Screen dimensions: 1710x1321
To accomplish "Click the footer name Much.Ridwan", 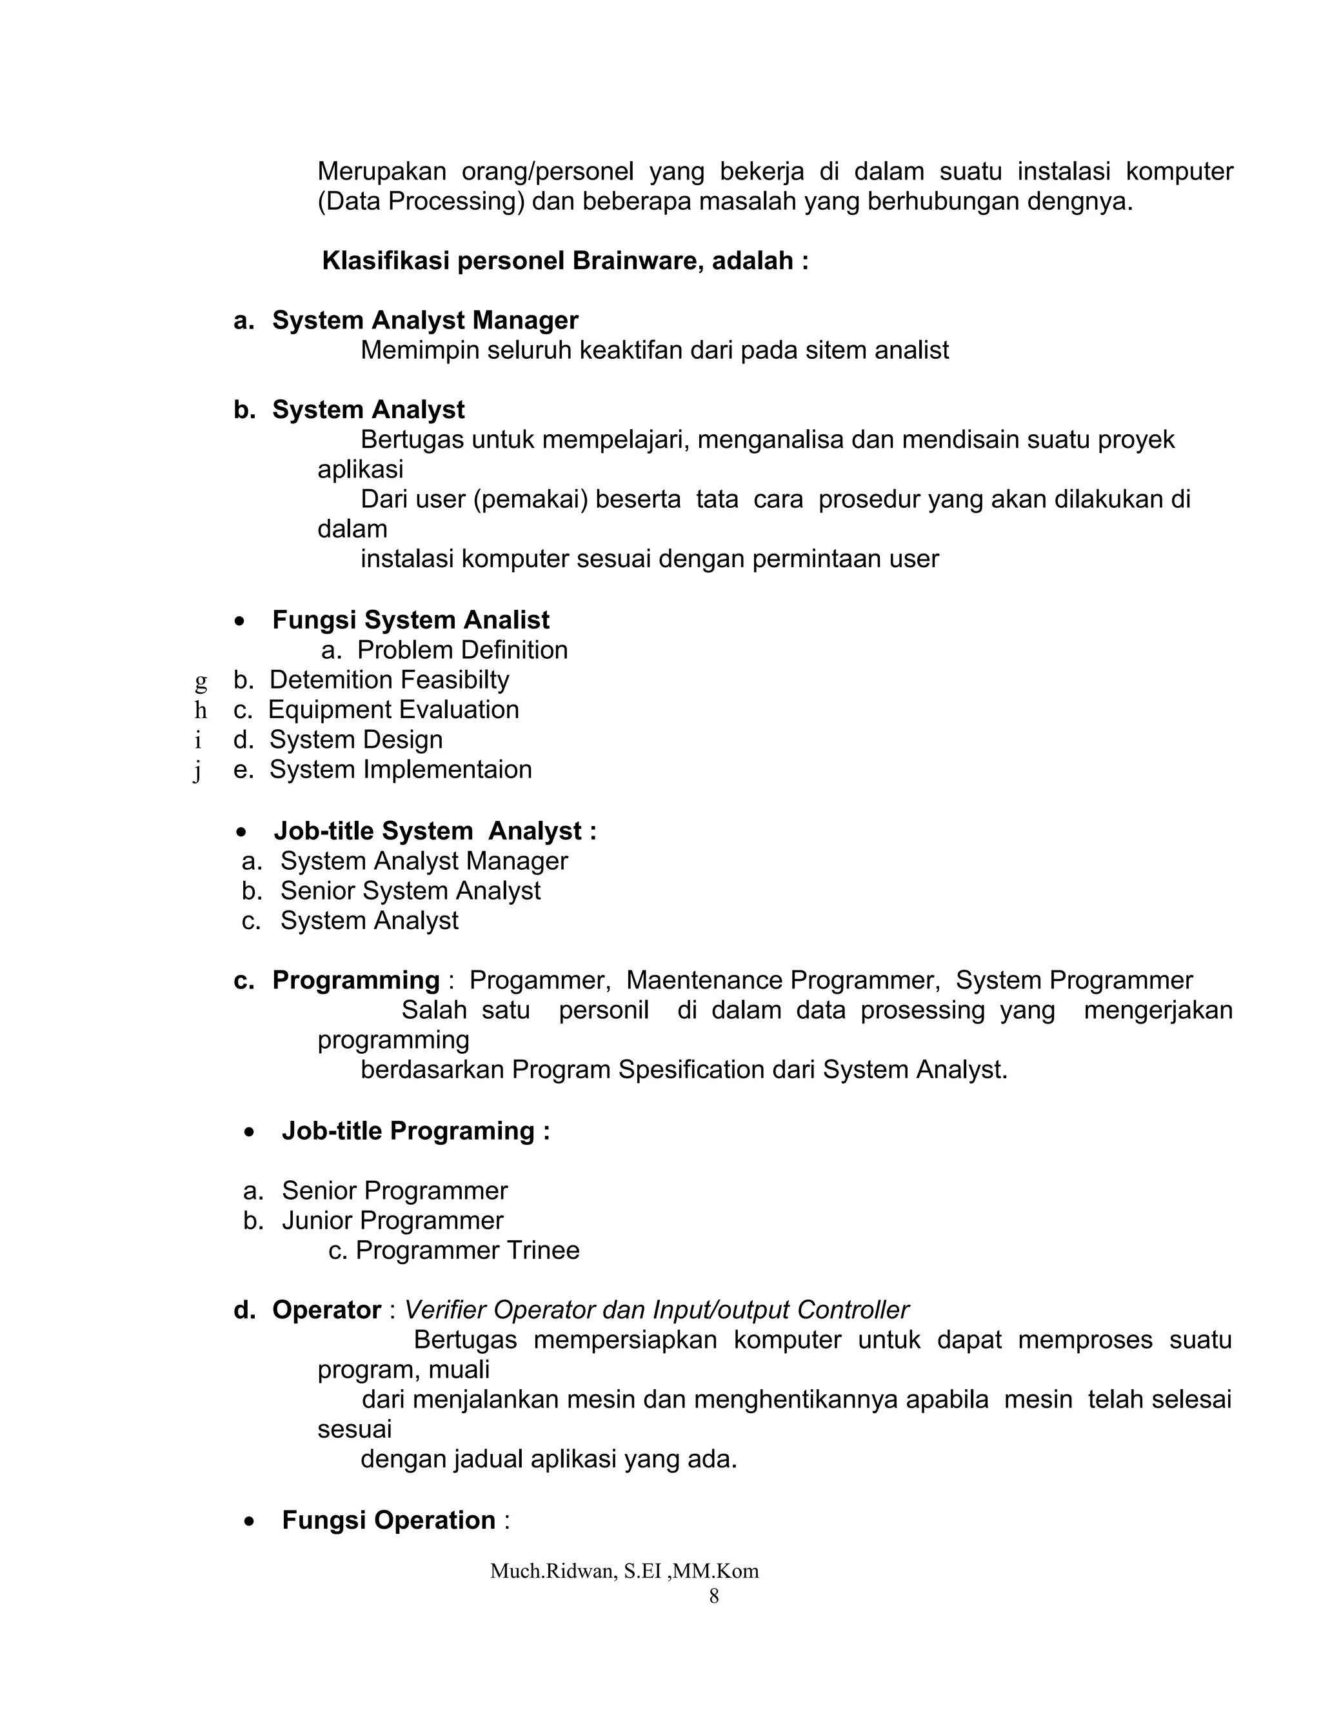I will (x=551, y=1571).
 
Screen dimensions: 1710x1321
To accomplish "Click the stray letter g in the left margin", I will (x=201, y=681).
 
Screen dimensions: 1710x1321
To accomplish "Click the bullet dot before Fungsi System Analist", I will (x=239, y=621).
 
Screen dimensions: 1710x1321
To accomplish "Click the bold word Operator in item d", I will (x=326, y=1310).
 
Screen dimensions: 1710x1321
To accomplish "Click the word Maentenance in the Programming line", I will (x=705, y=980).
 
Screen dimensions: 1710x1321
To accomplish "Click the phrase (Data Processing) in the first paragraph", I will (x=421, y=202).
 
